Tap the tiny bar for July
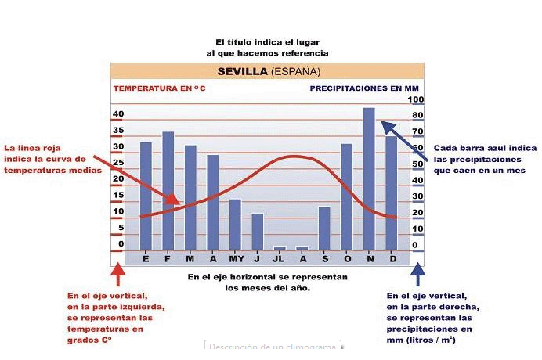click(x=280, y=247)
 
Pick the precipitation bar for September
click(x=324, y=228)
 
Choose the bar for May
click(x=235, y=224)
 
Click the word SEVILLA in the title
click(x=243, y=71)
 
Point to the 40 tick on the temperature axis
click(x=118, y=113)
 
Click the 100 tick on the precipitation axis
click(x=416, y=99)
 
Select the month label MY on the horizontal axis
click(x=235, y=257)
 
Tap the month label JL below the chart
click(x=280, y=257)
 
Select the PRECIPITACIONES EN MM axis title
click(x=365, y=88)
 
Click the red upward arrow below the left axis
click(x=117, y=275)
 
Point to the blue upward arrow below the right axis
click(x=417, y=275)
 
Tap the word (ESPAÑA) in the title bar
click(x=295, y=71)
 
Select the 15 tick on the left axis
click(x=118, y=195)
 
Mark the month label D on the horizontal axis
click(x=392, y=257)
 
